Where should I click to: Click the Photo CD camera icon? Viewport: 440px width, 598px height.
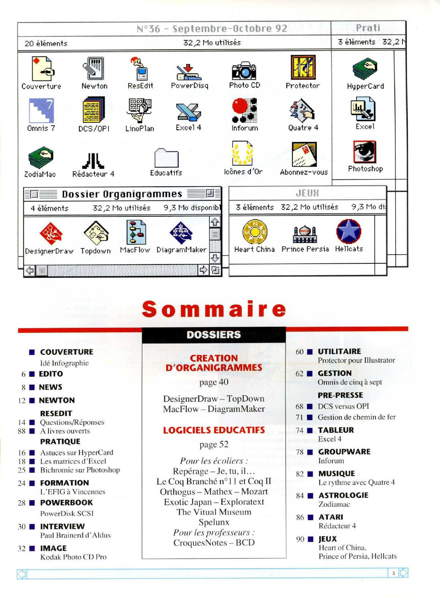coord(244,70)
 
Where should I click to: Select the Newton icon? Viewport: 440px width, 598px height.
coord(94,69)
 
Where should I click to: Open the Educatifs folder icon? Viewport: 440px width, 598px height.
coord(167,157)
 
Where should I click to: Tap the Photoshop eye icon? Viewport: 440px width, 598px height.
coord(365,152)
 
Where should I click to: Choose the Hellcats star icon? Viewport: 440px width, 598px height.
coord(349,231)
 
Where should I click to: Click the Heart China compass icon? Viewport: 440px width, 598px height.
coord(255,231)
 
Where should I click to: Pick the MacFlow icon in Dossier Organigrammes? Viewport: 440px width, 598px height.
coord(135,232)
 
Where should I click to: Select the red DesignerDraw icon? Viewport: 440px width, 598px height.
coord(50,233)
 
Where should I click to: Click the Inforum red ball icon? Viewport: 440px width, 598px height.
coord(245,110)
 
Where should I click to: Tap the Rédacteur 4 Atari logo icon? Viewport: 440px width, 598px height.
coord(93,160)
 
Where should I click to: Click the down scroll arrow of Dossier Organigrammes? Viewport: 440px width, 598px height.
coord(215,258)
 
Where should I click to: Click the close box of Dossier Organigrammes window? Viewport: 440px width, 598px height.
coord(34,194)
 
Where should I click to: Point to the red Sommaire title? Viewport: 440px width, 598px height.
coord(214,309)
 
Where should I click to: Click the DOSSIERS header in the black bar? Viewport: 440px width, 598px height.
coord(214,335)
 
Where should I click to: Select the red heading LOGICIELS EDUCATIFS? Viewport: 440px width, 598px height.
coord(214,430)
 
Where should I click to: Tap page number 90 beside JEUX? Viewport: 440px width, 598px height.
coord(300,539)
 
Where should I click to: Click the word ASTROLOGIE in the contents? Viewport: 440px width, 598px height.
coord(343,495)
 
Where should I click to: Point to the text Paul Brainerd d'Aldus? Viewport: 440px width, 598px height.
coord(75,535)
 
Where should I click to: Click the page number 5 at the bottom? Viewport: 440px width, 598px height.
coord(394,573)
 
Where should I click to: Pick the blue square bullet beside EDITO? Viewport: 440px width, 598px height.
coord(32,374)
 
